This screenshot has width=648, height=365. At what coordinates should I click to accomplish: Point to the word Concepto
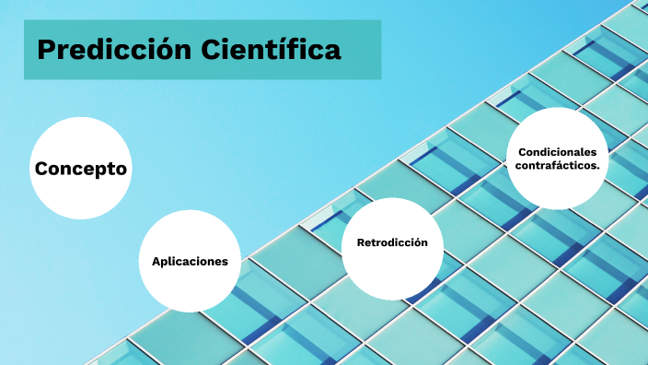coord(80,170)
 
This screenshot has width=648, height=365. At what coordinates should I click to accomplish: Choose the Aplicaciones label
coord(190,262)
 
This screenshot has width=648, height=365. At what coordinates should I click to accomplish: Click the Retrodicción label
coord(392,242)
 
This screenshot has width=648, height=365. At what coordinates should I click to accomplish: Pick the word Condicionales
coord(557,152)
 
